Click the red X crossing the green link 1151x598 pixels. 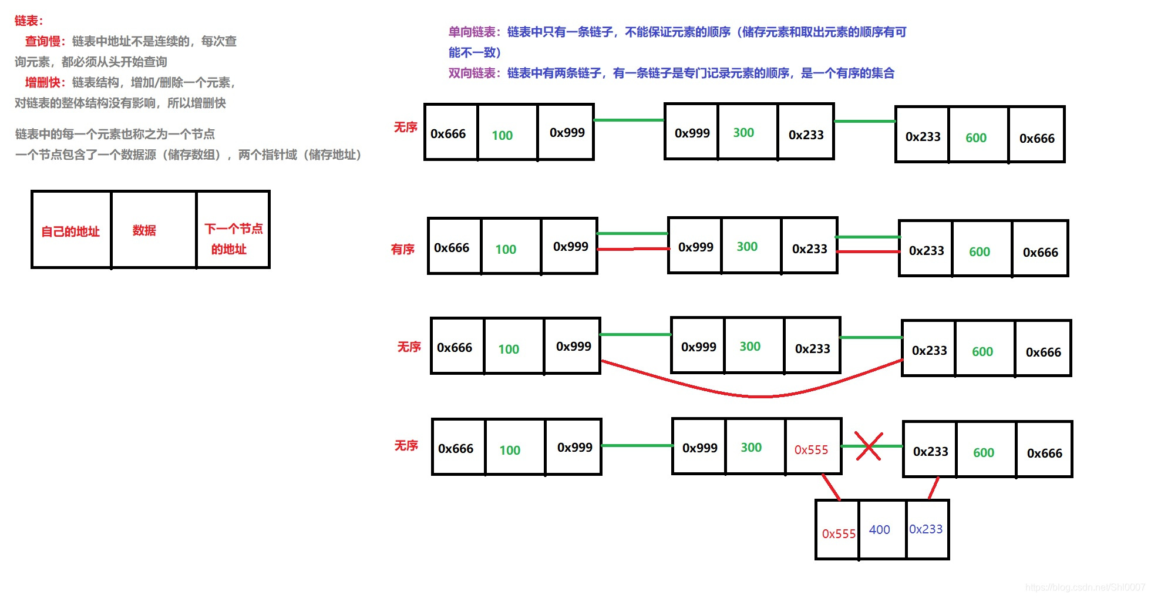coord(868,446)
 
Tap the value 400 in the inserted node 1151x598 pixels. coord(879,530)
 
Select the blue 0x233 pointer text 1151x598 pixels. coord(925,529)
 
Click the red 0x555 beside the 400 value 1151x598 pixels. coord(838,534)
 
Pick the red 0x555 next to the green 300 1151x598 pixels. coord(811,450)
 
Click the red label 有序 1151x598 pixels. coord(403,250)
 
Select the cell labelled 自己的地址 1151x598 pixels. coord(70,231)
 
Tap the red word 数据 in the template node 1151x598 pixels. coord(144,230)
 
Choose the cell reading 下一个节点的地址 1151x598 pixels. coord(233,238)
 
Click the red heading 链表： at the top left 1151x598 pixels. coord(29,21)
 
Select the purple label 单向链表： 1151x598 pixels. coord(474,32)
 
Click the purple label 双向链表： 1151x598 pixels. coord(474,73)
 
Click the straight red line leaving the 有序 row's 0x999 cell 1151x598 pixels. coord(633,249)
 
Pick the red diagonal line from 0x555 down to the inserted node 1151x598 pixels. coord(831,486)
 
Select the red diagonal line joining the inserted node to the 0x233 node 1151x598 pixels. coord(933,488)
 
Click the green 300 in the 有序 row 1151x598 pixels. coord(747,247)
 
